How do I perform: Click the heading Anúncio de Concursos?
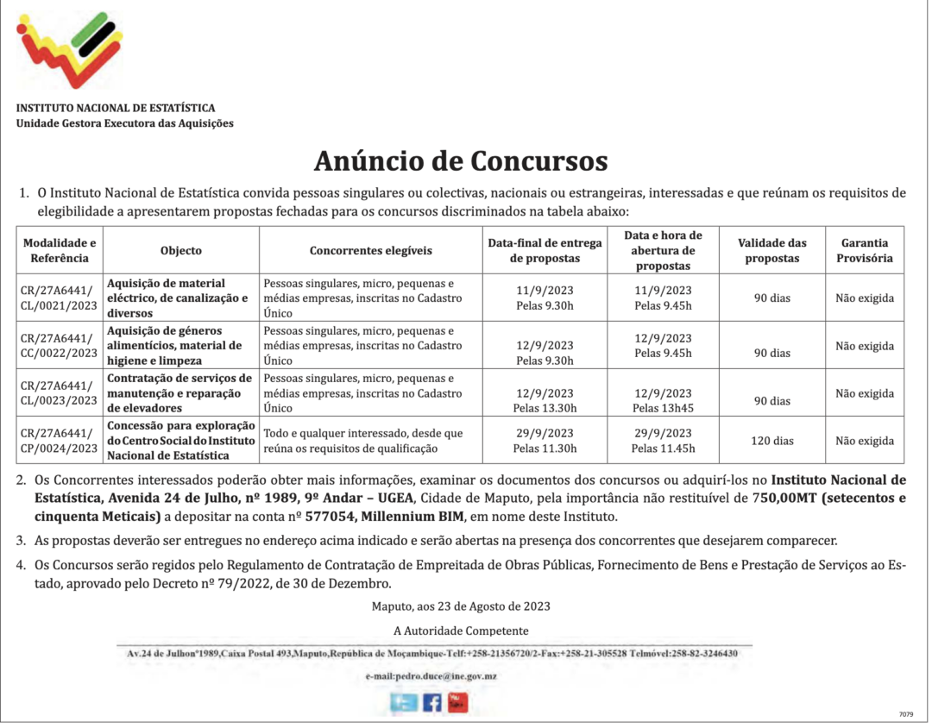pos(461,161)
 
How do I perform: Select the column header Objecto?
pos(181,250)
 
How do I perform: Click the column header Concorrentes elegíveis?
pos(371,250)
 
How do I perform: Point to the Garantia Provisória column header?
pos(865,250)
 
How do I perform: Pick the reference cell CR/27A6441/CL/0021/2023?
pos(60,298)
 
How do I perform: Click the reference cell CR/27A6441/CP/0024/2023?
pos(60,441)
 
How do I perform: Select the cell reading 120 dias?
pos(772,441)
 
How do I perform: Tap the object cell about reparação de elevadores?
pos(180,393)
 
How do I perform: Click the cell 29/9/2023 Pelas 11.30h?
pos(545,441)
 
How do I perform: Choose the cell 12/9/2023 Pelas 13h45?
pos(663,401)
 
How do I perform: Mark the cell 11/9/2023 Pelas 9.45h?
pos(663,298)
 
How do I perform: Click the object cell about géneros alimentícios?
pos(180,346)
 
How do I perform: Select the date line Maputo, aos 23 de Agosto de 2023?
pos(461,606)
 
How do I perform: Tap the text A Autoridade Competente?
pos(461,631)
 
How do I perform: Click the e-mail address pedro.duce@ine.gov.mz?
pos(431,676)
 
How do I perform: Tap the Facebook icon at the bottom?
pos(431,702)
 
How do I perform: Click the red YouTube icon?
pos(457,702)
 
